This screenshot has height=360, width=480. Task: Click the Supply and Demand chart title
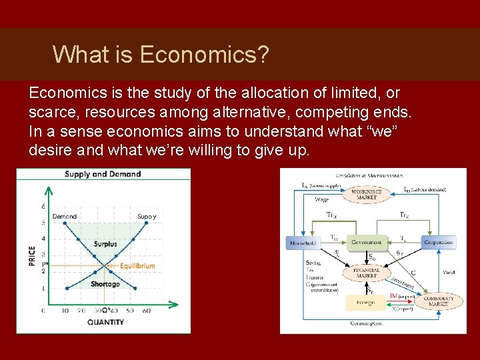click(103, 174)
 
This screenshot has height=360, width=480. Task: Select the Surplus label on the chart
click(105, 244)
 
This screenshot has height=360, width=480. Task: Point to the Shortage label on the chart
click(105, 284)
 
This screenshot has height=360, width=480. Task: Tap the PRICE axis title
click(32, 256)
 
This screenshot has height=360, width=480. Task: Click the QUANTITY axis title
click(105, 322)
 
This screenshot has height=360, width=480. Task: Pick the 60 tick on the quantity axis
click(147, 311)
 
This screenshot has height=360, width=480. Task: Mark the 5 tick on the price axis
click(43, 223)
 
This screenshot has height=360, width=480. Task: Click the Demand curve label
click(65, 216)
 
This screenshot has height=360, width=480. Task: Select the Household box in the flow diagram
click(304, 243)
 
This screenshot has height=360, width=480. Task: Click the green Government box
click(366, 243)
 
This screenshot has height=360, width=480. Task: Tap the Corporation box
click(439, 243)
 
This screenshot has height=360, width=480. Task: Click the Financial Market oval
click(367, 273)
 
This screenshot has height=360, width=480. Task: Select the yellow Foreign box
click(365, 302)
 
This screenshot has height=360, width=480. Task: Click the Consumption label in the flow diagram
click(366, 323)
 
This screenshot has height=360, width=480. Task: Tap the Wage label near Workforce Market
click(321, 199)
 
